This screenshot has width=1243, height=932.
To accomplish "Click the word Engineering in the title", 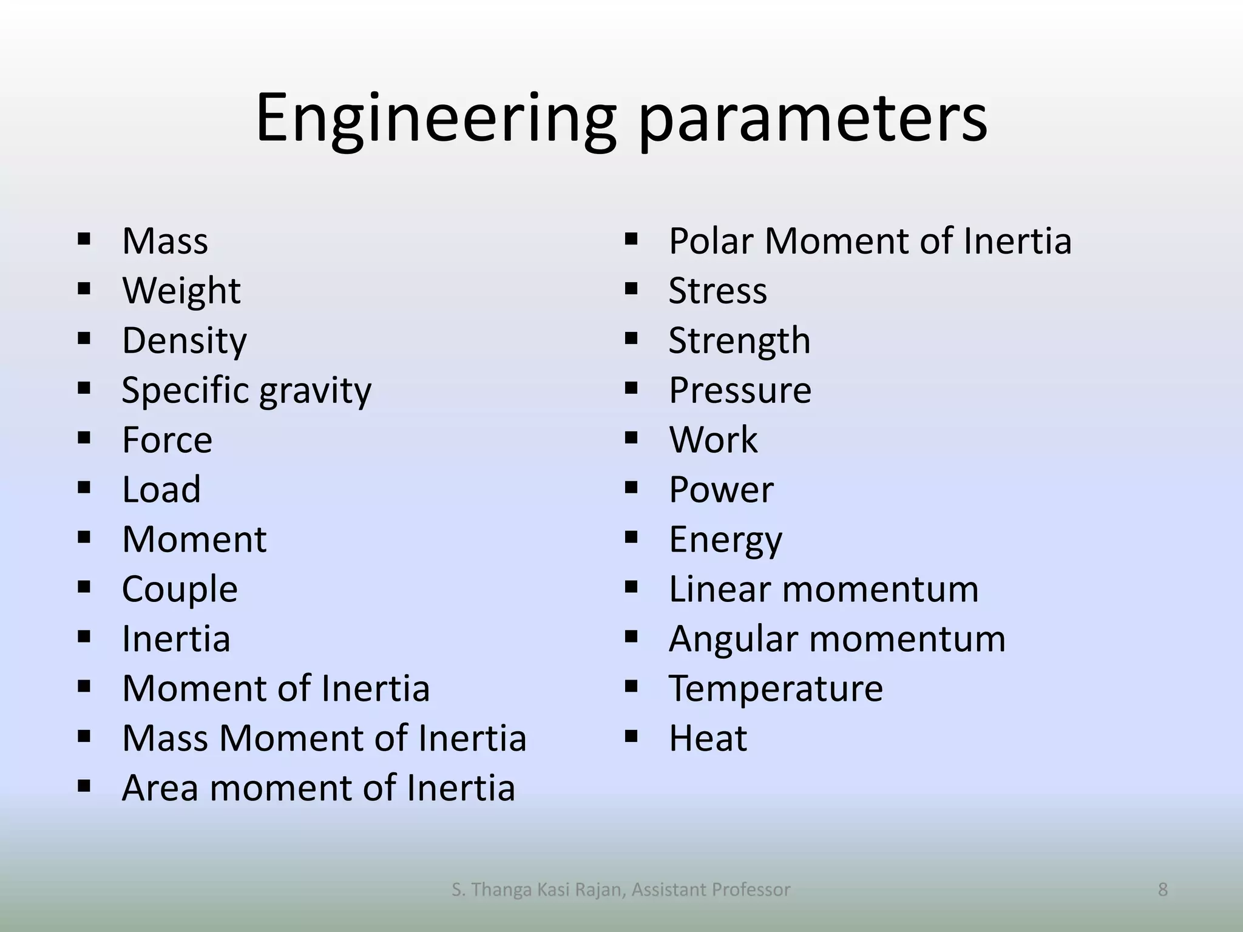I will pos(435,118).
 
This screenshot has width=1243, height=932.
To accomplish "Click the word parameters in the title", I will pos(813,118).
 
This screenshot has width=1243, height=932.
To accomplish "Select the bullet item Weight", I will pos(181,291).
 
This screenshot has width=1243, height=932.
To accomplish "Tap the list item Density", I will pos(185,340).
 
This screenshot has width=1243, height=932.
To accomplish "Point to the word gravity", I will pos(315,391).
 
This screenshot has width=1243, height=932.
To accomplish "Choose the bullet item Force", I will pos(167,440).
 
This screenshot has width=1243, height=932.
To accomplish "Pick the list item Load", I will pos(161,490).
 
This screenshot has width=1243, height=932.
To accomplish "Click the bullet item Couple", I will pos(180,589).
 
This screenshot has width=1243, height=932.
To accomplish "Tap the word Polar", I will pos(711,241).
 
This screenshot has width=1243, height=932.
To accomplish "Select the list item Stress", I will pos(717,291).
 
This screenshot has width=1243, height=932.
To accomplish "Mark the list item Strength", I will pos(739,340).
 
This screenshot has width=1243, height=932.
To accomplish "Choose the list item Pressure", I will pos(740,390).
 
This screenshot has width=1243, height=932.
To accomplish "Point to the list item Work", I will pos(713,440).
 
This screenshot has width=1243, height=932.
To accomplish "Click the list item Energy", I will pos(725,539).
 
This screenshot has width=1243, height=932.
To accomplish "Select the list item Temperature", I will pos(776,689).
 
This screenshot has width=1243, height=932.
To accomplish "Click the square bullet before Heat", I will pos(631,737).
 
